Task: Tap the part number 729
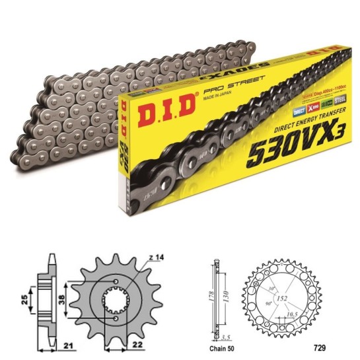(282, 344)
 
